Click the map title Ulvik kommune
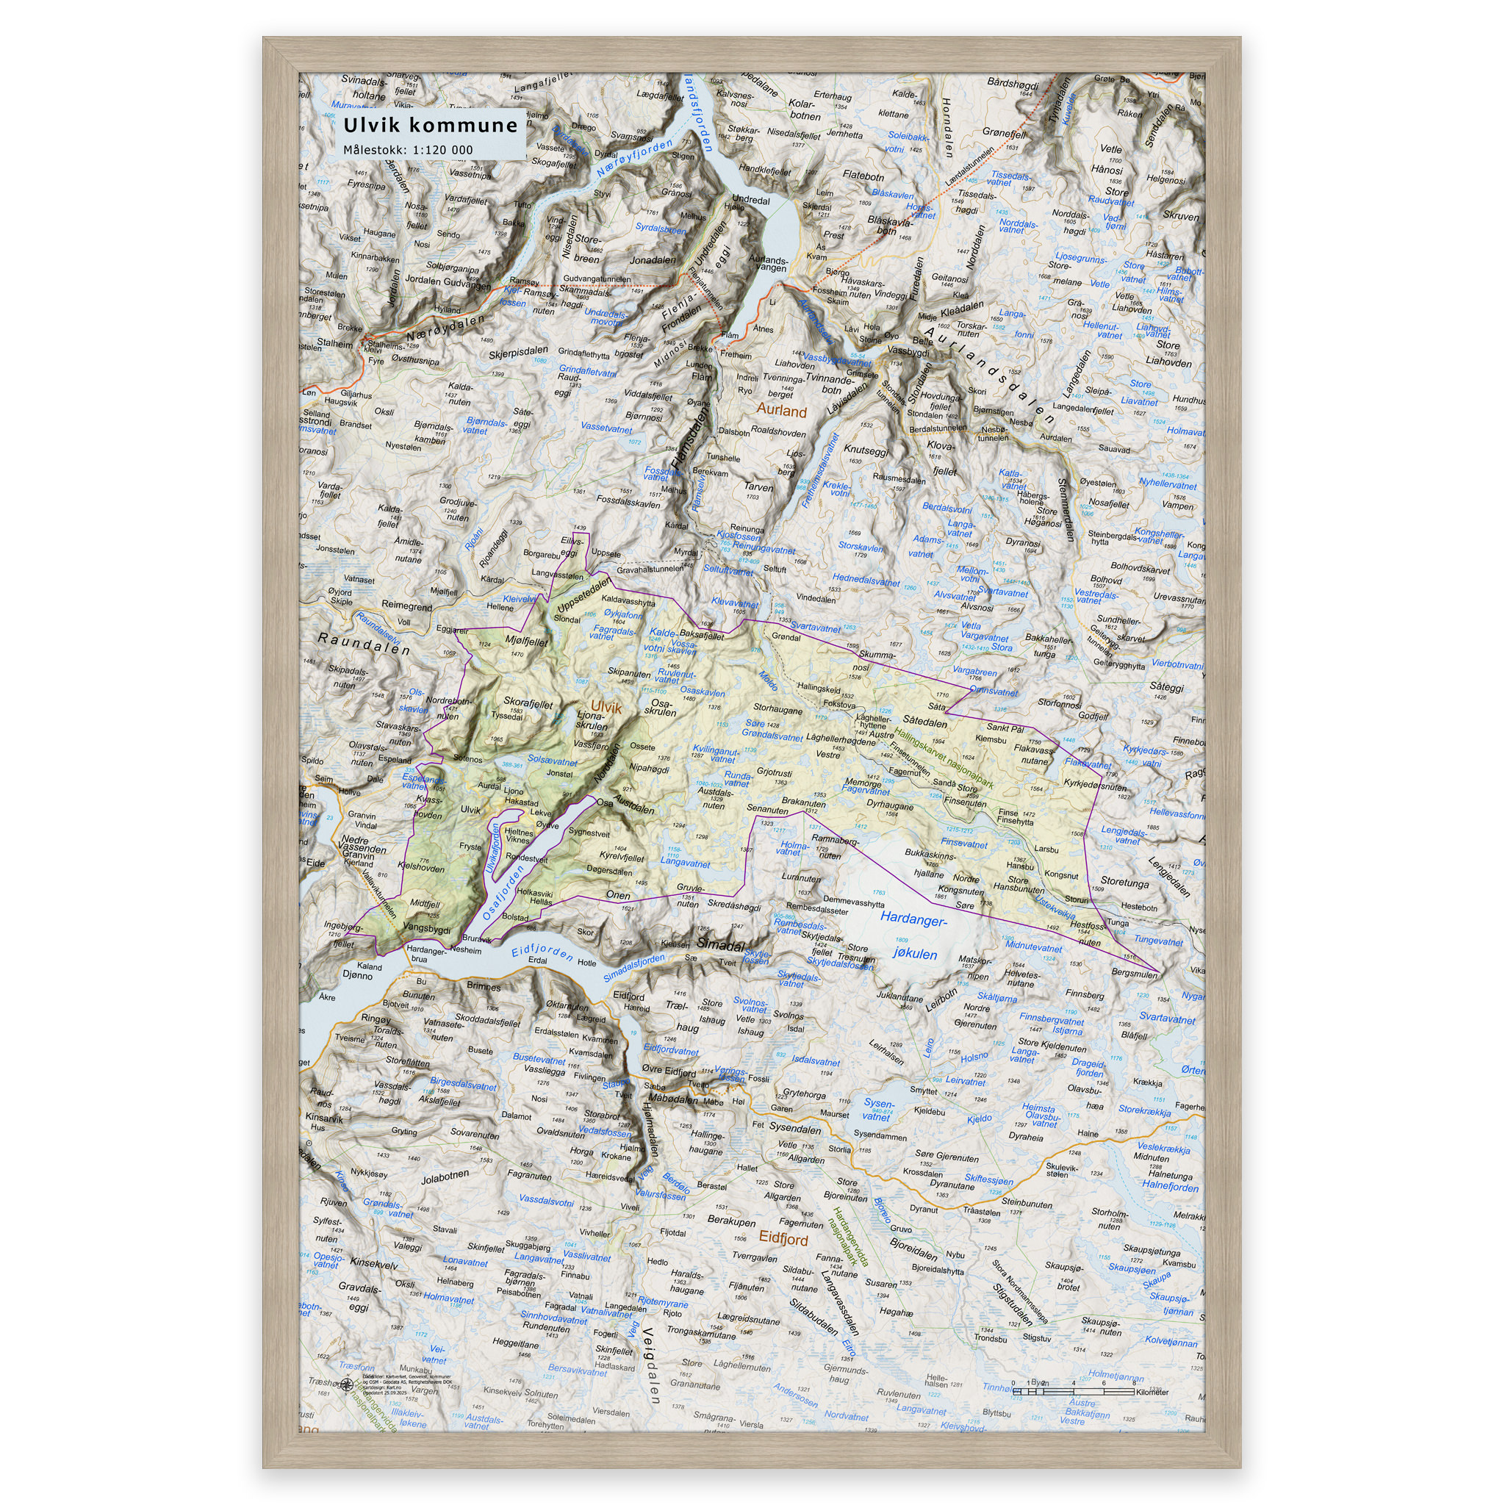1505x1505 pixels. click(430, 126)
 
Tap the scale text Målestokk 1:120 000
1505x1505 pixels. click(408, 151)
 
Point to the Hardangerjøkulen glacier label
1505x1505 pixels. click(914, 936)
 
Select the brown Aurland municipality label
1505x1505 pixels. click(781, 411)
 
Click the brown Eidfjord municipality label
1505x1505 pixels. click(783, 1238)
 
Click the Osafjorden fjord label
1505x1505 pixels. click(503, 893)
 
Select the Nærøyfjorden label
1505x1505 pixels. click(634, 158)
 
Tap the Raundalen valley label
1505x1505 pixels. click(363, 644)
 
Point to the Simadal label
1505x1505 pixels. click(721, 944)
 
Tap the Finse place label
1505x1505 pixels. click(1007, 813)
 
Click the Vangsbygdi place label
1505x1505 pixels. click(427, 930)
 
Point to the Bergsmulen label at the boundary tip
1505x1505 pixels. click(1134, 974)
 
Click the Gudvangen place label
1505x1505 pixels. click(467, 285)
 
